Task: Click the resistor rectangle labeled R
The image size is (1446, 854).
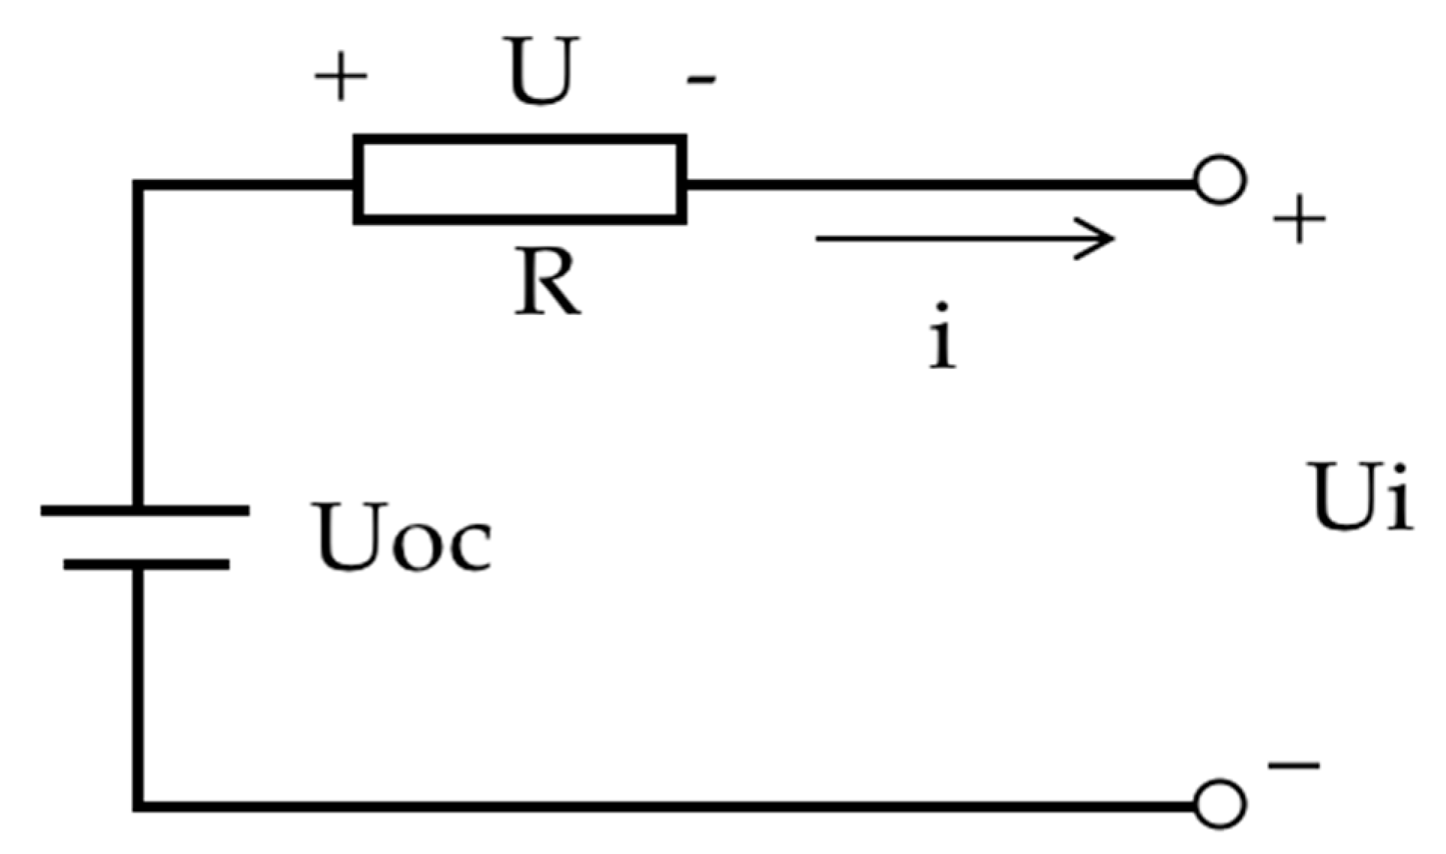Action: point(520,180)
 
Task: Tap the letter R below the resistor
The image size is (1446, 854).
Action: point(547,283)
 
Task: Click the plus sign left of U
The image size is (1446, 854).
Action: point(340,76)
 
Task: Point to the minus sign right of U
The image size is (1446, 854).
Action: point(701,79)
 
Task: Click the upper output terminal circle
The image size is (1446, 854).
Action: point(1220,180)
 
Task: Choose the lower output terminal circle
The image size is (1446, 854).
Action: point(1220,805)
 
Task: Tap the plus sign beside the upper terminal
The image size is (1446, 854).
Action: point(1299,220)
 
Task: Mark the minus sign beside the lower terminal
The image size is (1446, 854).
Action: point(1294,766)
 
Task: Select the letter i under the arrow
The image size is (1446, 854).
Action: point(942,337)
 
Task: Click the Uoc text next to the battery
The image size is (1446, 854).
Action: point(403,537)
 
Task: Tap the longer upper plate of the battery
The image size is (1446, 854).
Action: point(145,511)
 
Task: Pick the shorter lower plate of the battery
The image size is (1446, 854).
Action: point(146,565)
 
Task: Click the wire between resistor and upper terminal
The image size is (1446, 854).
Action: point(937,183)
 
